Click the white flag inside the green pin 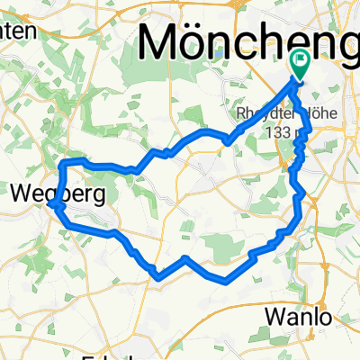pyautogui.click(x=299, y=60)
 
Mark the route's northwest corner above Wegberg pyautogui.click(x=62, y=163)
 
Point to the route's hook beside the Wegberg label pyautogui.click(x=57, y=205)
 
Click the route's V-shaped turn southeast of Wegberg pyautogui.click(x=158, y=275)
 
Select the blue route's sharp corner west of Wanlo pyautogui.click(x=221, y=280)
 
